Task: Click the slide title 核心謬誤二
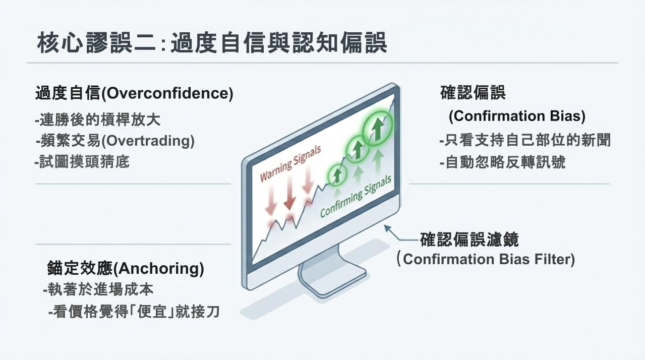point(97,43)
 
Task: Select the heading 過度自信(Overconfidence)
point(134,93)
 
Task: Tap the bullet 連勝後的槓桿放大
point(98,119)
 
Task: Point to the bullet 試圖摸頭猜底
point(82,161)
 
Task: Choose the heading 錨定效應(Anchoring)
point(126,268)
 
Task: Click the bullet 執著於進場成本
point(98,289)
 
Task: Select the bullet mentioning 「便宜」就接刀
point(134,311)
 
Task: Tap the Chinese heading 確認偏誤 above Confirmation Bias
point(473,92)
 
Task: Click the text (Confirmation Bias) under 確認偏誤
point(517,116)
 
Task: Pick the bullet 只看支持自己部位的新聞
point(525,140)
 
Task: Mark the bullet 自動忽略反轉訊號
point(503,162)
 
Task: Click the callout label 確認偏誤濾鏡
point(470,239)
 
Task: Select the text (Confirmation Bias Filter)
point(486,259)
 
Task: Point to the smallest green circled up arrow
point(337,173)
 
